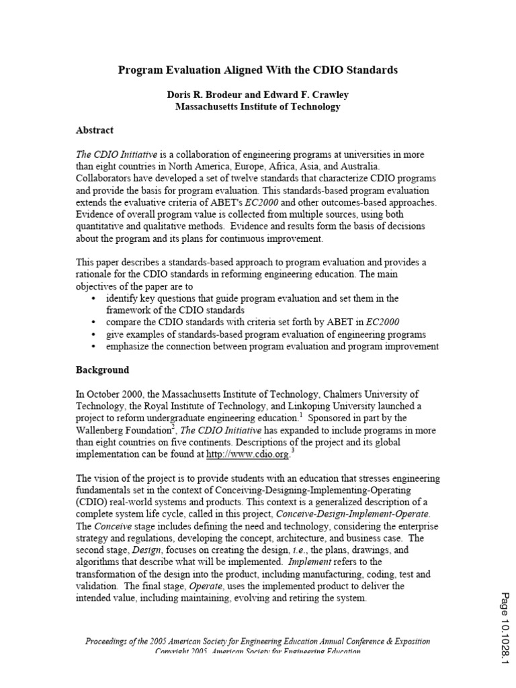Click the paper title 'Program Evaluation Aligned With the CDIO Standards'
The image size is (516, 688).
[259, 70]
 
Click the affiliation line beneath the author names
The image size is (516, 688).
[258, 106]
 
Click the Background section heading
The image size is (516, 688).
[102, 370]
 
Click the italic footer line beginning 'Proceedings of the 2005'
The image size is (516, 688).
[258, 641]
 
